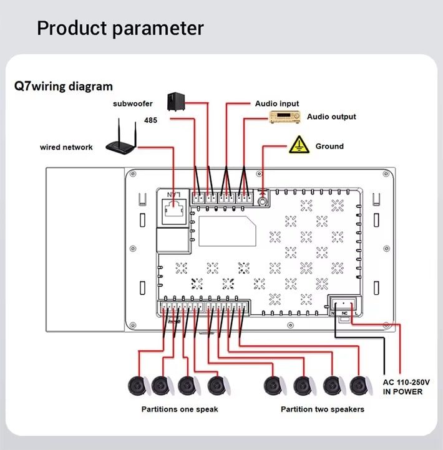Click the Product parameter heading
coord(120,28)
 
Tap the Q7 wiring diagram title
coord(63,87)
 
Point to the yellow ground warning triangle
coord(299,145)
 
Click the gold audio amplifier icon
coord(285,117)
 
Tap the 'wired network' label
coord(66,148)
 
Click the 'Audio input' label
coord(277,103)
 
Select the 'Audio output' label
coord(331,117)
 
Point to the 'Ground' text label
coord(329,146)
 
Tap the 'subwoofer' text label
coord(133,104)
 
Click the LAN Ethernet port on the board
coord(172,209)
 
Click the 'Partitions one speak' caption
coord(180,409)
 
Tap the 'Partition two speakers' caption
coord(323,409)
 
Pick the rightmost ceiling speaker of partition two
coord(359,386)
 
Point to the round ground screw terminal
coord(263,201)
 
